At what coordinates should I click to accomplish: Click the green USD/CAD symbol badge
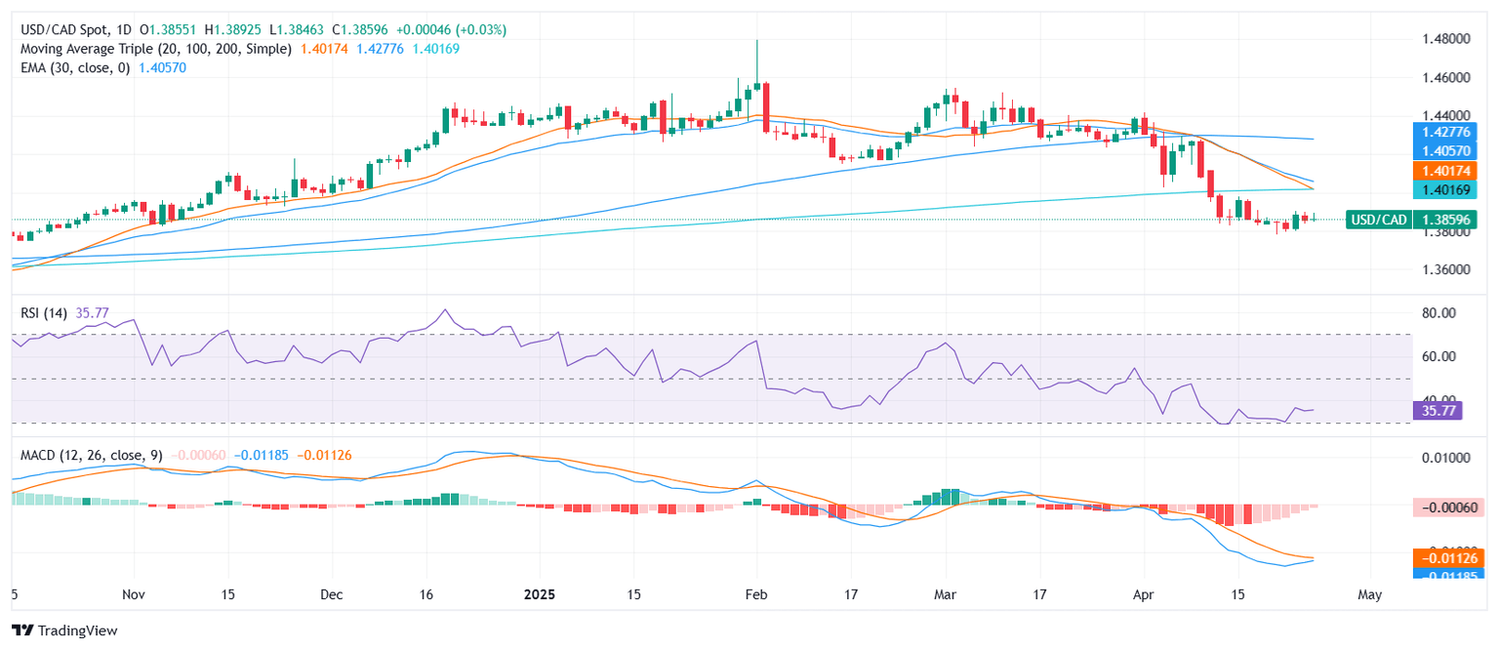1377,220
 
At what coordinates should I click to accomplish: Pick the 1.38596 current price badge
1447,220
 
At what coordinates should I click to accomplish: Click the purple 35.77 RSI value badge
1437,412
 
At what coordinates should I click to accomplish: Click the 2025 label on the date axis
539,594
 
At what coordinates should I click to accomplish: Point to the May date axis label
1369,594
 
